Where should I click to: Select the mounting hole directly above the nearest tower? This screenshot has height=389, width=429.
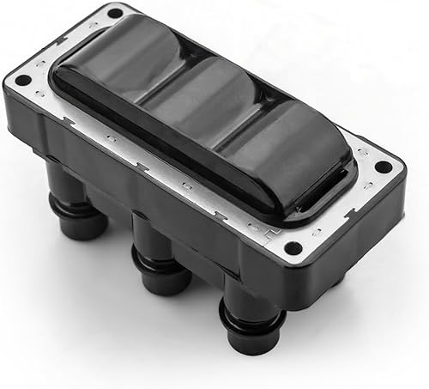point(293,249)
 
